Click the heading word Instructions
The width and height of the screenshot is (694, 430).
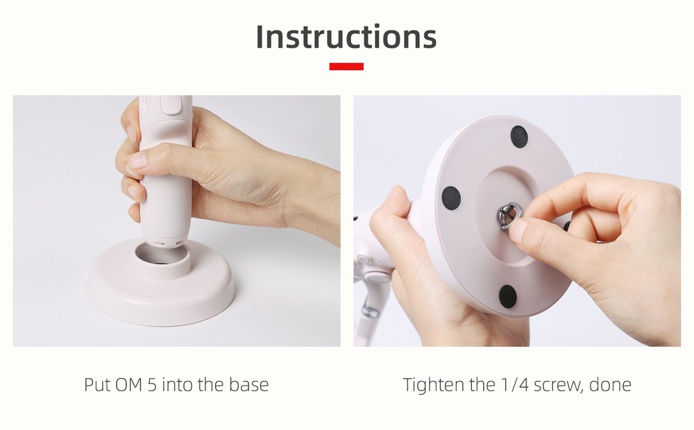346,37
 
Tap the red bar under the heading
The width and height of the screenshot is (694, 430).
346,67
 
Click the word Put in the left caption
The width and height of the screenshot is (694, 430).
96,384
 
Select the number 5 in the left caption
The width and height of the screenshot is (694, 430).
152,384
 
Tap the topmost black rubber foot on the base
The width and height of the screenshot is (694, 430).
518,136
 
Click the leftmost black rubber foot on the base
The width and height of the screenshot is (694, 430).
451,197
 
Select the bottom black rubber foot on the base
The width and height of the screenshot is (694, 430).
507,296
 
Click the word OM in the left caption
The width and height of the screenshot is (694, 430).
128,384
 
